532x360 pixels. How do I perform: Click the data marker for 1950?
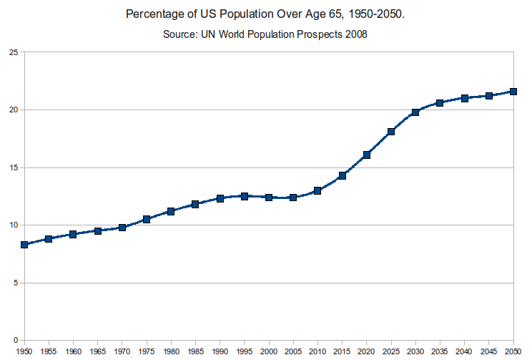[x=24, y=245]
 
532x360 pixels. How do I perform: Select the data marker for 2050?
[x=513, y=92]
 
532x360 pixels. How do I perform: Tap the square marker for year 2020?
[x=367, y=155]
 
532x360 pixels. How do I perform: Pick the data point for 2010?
[x=317, y=190]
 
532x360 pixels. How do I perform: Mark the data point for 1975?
[x=147, y=219]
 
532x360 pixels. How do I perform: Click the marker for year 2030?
[x=415, y=112]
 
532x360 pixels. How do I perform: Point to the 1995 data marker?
[x=245, y=196]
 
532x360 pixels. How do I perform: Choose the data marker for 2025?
[x=391, y=132]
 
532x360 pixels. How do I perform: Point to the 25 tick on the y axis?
[x=14, y=52]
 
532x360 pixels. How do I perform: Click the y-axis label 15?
[x=14, y=167]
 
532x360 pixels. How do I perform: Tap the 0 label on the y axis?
[x=16, y=340]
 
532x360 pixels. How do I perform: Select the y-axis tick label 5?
[x=16, y=283]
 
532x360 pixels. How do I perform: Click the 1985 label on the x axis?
[x=195, y=352]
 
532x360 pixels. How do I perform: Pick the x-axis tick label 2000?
[x=269, y=352]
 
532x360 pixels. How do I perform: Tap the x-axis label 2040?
[x=464, y=352]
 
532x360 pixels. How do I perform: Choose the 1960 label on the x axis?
[x=73, y=352]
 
